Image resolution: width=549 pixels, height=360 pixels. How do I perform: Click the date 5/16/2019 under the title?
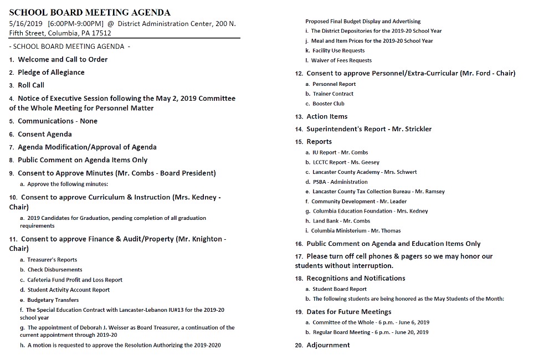pyautogui.click(x=27, y=24)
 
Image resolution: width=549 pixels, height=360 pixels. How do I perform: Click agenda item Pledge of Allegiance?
pyautogui.click(x=51, y=73)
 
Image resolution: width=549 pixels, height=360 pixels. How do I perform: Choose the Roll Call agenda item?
pyautogui.click(x=31, y=85)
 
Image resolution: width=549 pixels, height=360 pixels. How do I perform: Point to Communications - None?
pyautogui.click(x=58, y=121)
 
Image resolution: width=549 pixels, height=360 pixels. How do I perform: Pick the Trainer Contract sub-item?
pyautogui.click(x=333, y=94)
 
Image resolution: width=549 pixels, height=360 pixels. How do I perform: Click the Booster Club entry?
pyautogui.click(x=329, y=104)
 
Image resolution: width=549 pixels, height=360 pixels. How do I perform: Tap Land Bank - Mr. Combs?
pyautogui.click(x=341, y=221)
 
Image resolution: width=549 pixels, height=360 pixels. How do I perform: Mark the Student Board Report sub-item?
pyautogui.click(x=340, y=289)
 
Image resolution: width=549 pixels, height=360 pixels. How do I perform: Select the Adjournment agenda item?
pyautogui.click(x=328, y=345)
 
